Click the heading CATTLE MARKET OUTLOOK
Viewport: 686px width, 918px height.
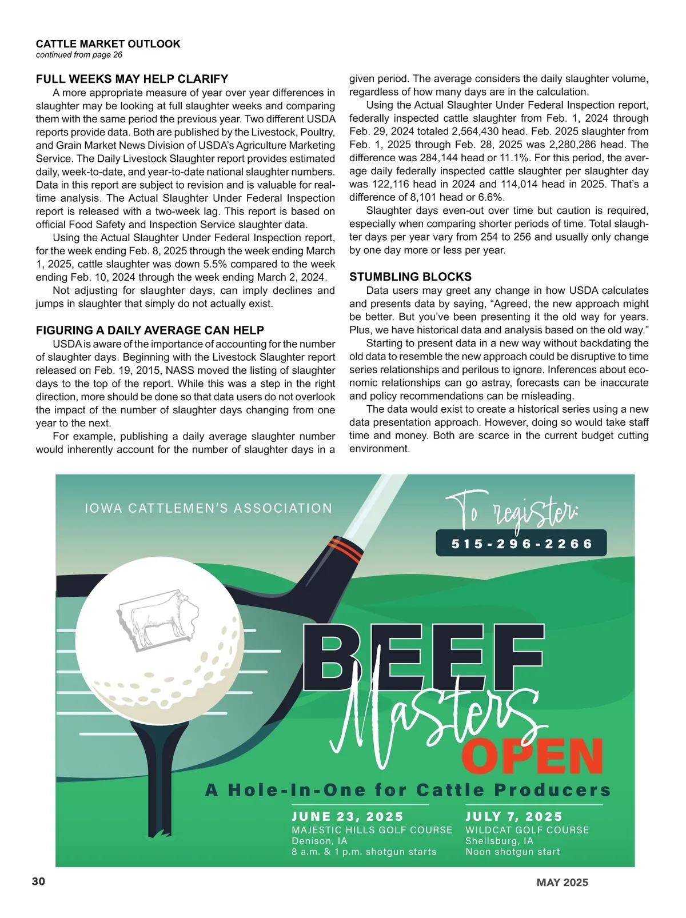tap(108, 44)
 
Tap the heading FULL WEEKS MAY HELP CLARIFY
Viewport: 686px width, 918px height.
tap(132, 79)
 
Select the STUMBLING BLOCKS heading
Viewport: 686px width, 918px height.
tap(410, 277)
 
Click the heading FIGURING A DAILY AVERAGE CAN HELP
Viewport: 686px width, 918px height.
tap(150, 330)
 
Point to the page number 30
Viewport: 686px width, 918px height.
tap(38, 881)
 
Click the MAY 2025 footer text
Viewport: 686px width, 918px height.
tap(562, 883)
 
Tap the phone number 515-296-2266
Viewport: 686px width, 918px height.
tap(521, 544)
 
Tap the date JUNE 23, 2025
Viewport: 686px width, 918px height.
tap(348, 817)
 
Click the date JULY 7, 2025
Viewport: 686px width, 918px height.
tap(514, 817)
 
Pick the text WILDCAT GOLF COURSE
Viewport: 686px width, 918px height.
tap(527, 830)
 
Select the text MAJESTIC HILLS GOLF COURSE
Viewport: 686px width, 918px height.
tap(372, 830)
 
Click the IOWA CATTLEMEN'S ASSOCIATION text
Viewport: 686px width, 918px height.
tap(208, 508)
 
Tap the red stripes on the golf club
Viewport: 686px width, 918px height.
tap(346, 549)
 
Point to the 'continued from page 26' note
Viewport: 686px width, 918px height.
tap(79, 55)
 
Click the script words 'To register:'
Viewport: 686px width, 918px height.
tap(510, 510)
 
